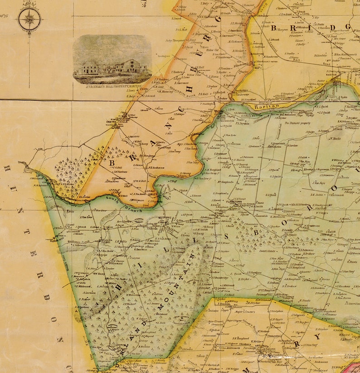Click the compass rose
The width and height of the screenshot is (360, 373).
pyautogui.click(x=29, y=20)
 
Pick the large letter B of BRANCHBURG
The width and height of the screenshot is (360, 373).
pyautogui.click(x=112, y=162)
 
